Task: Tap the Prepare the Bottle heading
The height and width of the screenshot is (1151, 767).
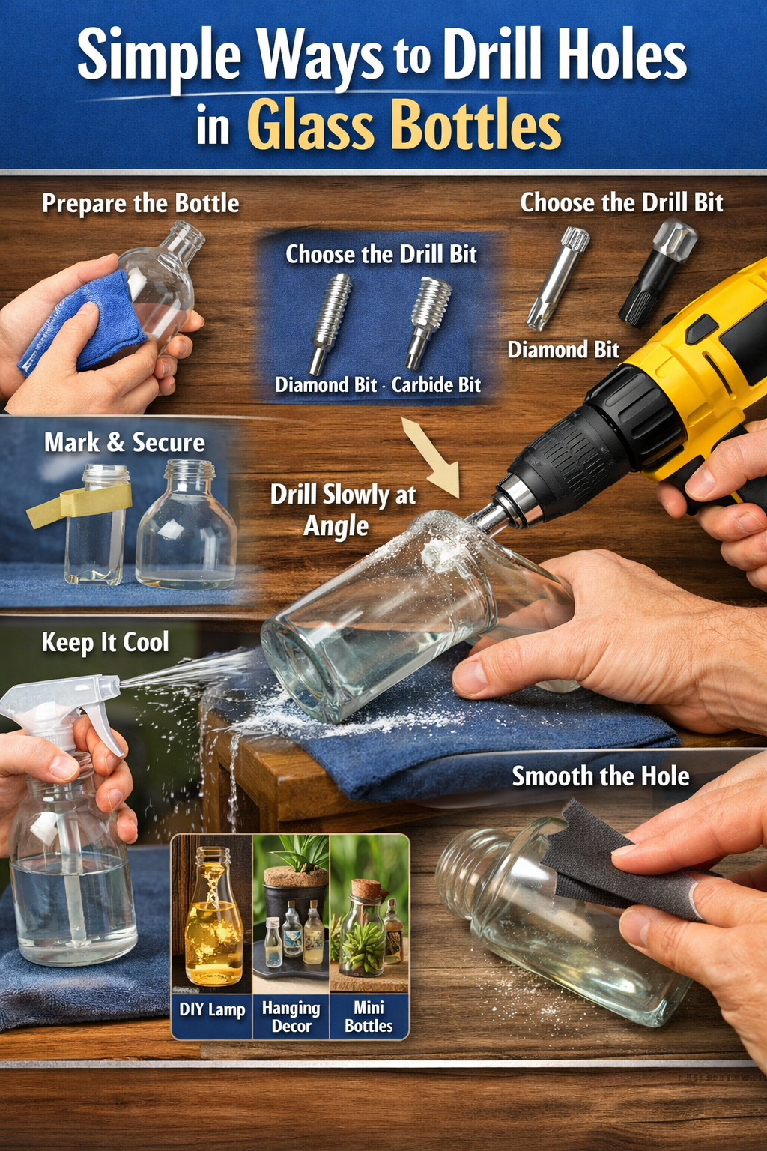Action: click(x=141, y=203)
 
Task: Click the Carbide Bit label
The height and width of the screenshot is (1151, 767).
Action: click(x=436, y=385)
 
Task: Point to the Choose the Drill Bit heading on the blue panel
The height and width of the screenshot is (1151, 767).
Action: click(x=381, y=254)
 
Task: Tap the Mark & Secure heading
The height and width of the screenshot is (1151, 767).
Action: click(x=124, y=442)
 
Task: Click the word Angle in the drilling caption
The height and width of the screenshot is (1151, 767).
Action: click(x=336, y=526)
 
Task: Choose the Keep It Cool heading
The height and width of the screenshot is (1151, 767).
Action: click(x=105, y=642)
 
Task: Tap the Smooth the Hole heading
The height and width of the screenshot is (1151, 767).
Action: click(x=601, y=776)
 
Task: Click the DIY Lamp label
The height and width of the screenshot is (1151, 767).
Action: click(x=212, y=1009)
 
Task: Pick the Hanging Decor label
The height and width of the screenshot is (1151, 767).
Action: click(x=291, y=1017)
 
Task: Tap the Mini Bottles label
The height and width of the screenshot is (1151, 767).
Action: click(x=369, y=1017)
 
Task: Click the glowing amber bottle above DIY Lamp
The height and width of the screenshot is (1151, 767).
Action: click(x=213, y=929)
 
